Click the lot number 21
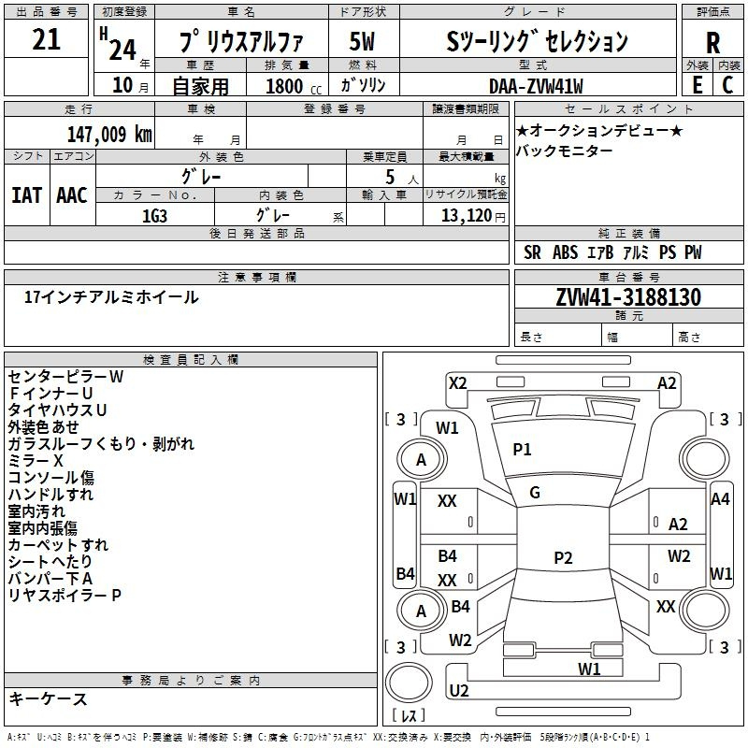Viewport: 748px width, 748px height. pos(46,39)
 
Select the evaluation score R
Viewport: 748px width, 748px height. pos(712,43)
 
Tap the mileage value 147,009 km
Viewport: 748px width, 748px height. pos(109,135)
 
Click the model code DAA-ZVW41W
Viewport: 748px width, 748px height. pos(536,86)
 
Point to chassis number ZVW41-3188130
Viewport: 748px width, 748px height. pos(628,297)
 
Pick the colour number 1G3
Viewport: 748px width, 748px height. pos(154,216)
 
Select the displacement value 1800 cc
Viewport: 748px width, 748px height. pos(294,86)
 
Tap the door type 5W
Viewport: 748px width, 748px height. pos(362,41)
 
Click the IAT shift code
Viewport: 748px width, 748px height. pos(26,195)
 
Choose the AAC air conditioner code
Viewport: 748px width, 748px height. pos(72,195)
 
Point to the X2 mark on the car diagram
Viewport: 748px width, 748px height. pos(457,383)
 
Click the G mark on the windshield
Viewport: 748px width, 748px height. pos(535,493)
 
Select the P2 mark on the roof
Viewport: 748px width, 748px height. pos(563,557)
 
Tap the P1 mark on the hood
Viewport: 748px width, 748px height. pos(522,450)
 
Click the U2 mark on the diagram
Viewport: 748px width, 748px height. pos(459,690)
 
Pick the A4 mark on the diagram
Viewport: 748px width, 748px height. pos(720,499)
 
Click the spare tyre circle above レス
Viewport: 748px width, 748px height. pos(409,683)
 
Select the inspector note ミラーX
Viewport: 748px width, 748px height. pos(36,461)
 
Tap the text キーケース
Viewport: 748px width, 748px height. pos(49,699)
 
